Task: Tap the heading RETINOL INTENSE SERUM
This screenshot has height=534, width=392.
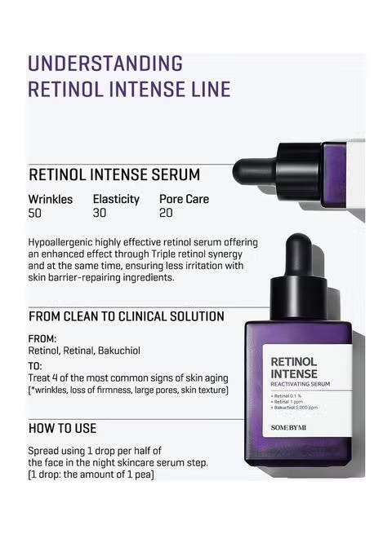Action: (x=114, y=175)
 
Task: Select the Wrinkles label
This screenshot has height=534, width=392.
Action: (x=51, y=199)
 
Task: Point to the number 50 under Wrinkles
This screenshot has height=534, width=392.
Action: (x=34, y=214)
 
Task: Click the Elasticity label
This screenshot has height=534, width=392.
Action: (x=116, y=199)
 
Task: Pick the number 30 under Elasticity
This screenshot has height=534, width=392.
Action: (x=100, y=214)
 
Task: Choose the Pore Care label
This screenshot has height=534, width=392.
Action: (x=184, y=199)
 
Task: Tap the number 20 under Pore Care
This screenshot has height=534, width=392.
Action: (x=167, y=214)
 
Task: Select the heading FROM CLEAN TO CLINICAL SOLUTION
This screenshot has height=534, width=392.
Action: (x=127, y=316)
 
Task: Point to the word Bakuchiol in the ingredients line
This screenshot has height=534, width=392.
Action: (x=118, y=351)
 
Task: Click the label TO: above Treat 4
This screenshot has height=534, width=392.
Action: (x=35, y=366)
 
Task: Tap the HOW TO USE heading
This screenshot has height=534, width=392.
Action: (x=63, y=428)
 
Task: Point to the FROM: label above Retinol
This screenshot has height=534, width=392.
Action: (x=42, y=338)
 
